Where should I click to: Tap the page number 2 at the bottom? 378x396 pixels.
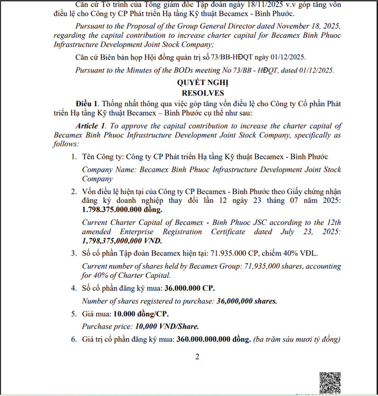coord(197,356)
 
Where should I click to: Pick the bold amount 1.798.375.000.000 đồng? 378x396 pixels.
coord(122,210)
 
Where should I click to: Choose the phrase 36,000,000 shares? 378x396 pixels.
coord(247,301)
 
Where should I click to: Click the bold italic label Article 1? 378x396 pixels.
coord(90,126)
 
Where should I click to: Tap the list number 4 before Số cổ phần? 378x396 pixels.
coord(74,288)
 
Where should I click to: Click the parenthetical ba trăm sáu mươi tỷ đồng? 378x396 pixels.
coord(296,339)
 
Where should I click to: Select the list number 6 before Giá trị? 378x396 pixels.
coord(74,339)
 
